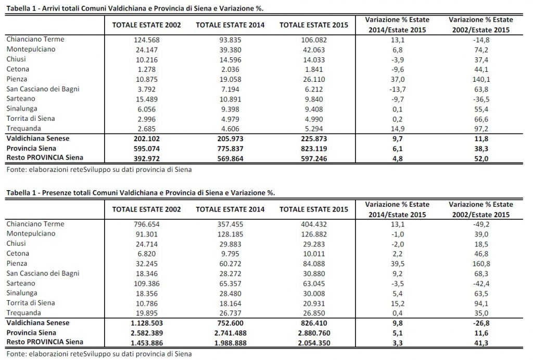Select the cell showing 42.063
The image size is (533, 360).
313,49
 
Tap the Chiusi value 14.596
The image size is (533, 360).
230,59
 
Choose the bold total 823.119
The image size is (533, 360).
313,149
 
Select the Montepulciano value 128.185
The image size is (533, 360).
230,234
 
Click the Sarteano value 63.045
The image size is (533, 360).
313,284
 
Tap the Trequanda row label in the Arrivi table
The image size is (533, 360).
24,128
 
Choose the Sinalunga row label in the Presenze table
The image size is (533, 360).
23,294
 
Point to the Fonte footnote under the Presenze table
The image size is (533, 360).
99,354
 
